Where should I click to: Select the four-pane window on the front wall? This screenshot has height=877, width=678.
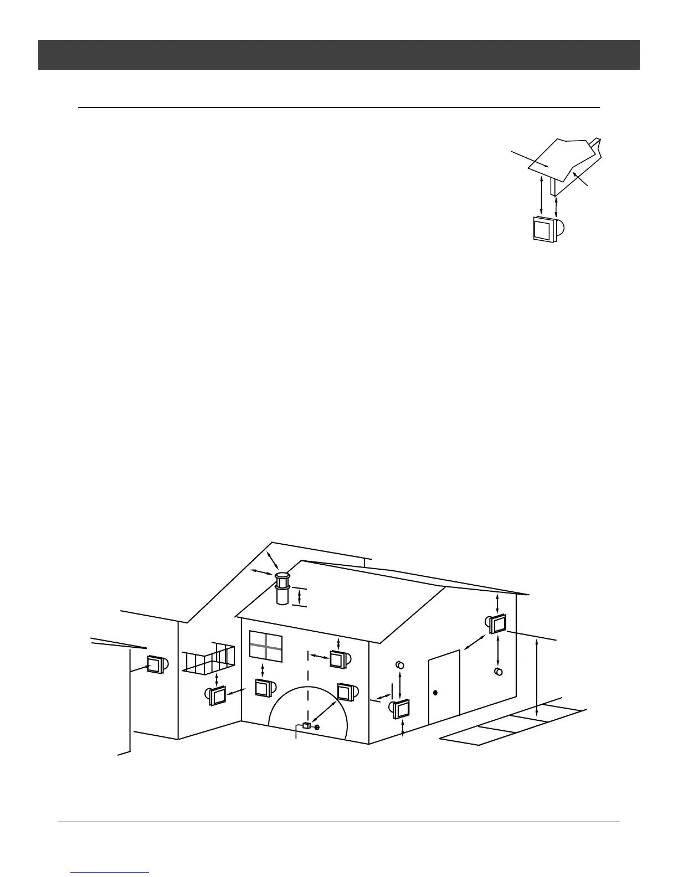tap(266, 645)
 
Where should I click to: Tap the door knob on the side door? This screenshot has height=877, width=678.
tap(435, 693)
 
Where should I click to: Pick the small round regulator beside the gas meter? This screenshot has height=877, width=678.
tap(317, 726)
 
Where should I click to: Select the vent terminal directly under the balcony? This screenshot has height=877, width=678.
tap(217, 695)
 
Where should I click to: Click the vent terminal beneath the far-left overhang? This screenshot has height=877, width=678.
tap(156, 664)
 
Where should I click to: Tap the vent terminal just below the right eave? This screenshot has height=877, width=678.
tap(497, 624)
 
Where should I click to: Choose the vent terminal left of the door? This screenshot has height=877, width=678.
tap(400, 709)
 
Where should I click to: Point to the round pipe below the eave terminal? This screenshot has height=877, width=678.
tap(499, 672)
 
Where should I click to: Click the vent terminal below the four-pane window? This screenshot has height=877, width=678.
tap(263, 687)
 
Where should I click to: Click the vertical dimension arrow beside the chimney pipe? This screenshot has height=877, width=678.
tap(299, 597)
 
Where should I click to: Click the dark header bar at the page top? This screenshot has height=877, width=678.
tap(338, 54)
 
